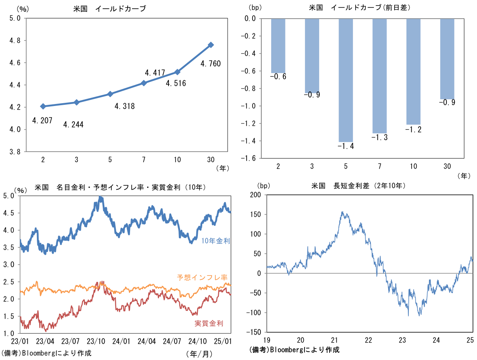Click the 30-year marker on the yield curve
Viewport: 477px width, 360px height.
(211, 45)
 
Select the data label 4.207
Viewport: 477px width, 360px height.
(42, 121)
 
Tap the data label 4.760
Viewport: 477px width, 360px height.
(211, 64)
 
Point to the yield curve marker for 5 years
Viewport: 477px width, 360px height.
(110, 94)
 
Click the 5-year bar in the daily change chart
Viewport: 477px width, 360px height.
(346, 80)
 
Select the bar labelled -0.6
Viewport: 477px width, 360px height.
(278, 46)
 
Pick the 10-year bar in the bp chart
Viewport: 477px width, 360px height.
(413, 71)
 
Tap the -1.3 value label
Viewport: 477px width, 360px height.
(379, 137)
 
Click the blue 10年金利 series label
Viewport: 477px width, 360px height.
(216, 241)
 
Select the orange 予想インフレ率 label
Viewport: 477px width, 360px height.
(202, 277)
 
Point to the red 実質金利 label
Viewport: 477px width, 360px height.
(209, 323)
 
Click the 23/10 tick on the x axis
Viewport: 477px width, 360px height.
(96, 341)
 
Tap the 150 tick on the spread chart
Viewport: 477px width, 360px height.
(255, 214)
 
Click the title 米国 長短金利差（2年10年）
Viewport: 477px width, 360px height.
(358, 186)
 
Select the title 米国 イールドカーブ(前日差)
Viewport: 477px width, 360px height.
(360, 8)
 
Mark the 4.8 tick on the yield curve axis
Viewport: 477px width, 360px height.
(15, 40)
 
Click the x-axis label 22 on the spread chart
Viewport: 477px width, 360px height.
(369, 340)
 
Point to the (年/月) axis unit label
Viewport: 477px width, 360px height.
(199, 354)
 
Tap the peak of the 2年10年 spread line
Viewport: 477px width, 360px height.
(342, 212)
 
